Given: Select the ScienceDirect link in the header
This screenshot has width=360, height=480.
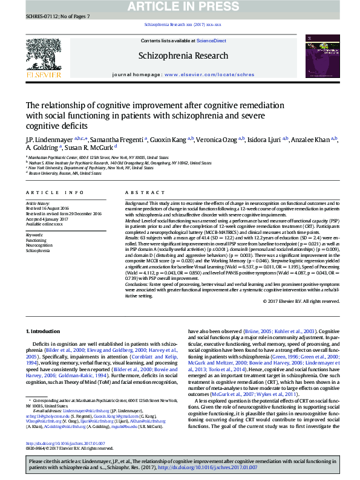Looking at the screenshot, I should pos(212,41).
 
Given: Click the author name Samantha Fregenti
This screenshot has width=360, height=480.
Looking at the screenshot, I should pos(124,139).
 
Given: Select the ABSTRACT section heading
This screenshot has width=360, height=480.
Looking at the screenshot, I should pos(142,192).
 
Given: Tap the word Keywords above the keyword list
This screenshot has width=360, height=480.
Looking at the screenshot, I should pos(34,235).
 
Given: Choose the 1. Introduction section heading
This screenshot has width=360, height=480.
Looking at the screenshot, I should pos(43,332).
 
